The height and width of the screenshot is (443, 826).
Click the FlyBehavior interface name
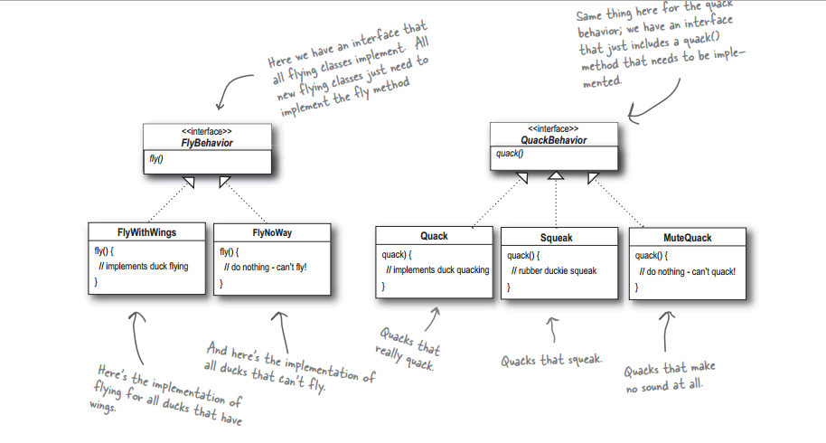coord(206,143)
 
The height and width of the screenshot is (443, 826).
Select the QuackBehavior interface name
coord(554,140)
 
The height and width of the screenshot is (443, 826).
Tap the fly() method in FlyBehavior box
coord(156,158)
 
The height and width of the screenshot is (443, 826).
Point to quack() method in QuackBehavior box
coord(510,154)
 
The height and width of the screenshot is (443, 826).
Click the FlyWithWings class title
coord(146,232)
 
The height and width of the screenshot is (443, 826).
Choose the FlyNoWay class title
coord(272,233)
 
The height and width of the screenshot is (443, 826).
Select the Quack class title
coord(434,236)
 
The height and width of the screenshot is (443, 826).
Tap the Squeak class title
coord(557,238)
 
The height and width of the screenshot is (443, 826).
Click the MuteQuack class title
coord(688,238)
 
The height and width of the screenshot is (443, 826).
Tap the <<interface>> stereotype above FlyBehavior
coord(206,131)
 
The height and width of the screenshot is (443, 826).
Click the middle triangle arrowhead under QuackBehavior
coord(556,175)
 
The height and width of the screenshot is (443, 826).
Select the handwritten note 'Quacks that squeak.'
coord(551,361)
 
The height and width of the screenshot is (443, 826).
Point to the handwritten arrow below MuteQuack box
coord(666,331)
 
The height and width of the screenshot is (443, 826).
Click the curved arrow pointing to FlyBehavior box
coord(230,87)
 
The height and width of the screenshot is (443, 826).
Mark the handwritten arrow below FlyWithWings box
coord(136,337)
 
